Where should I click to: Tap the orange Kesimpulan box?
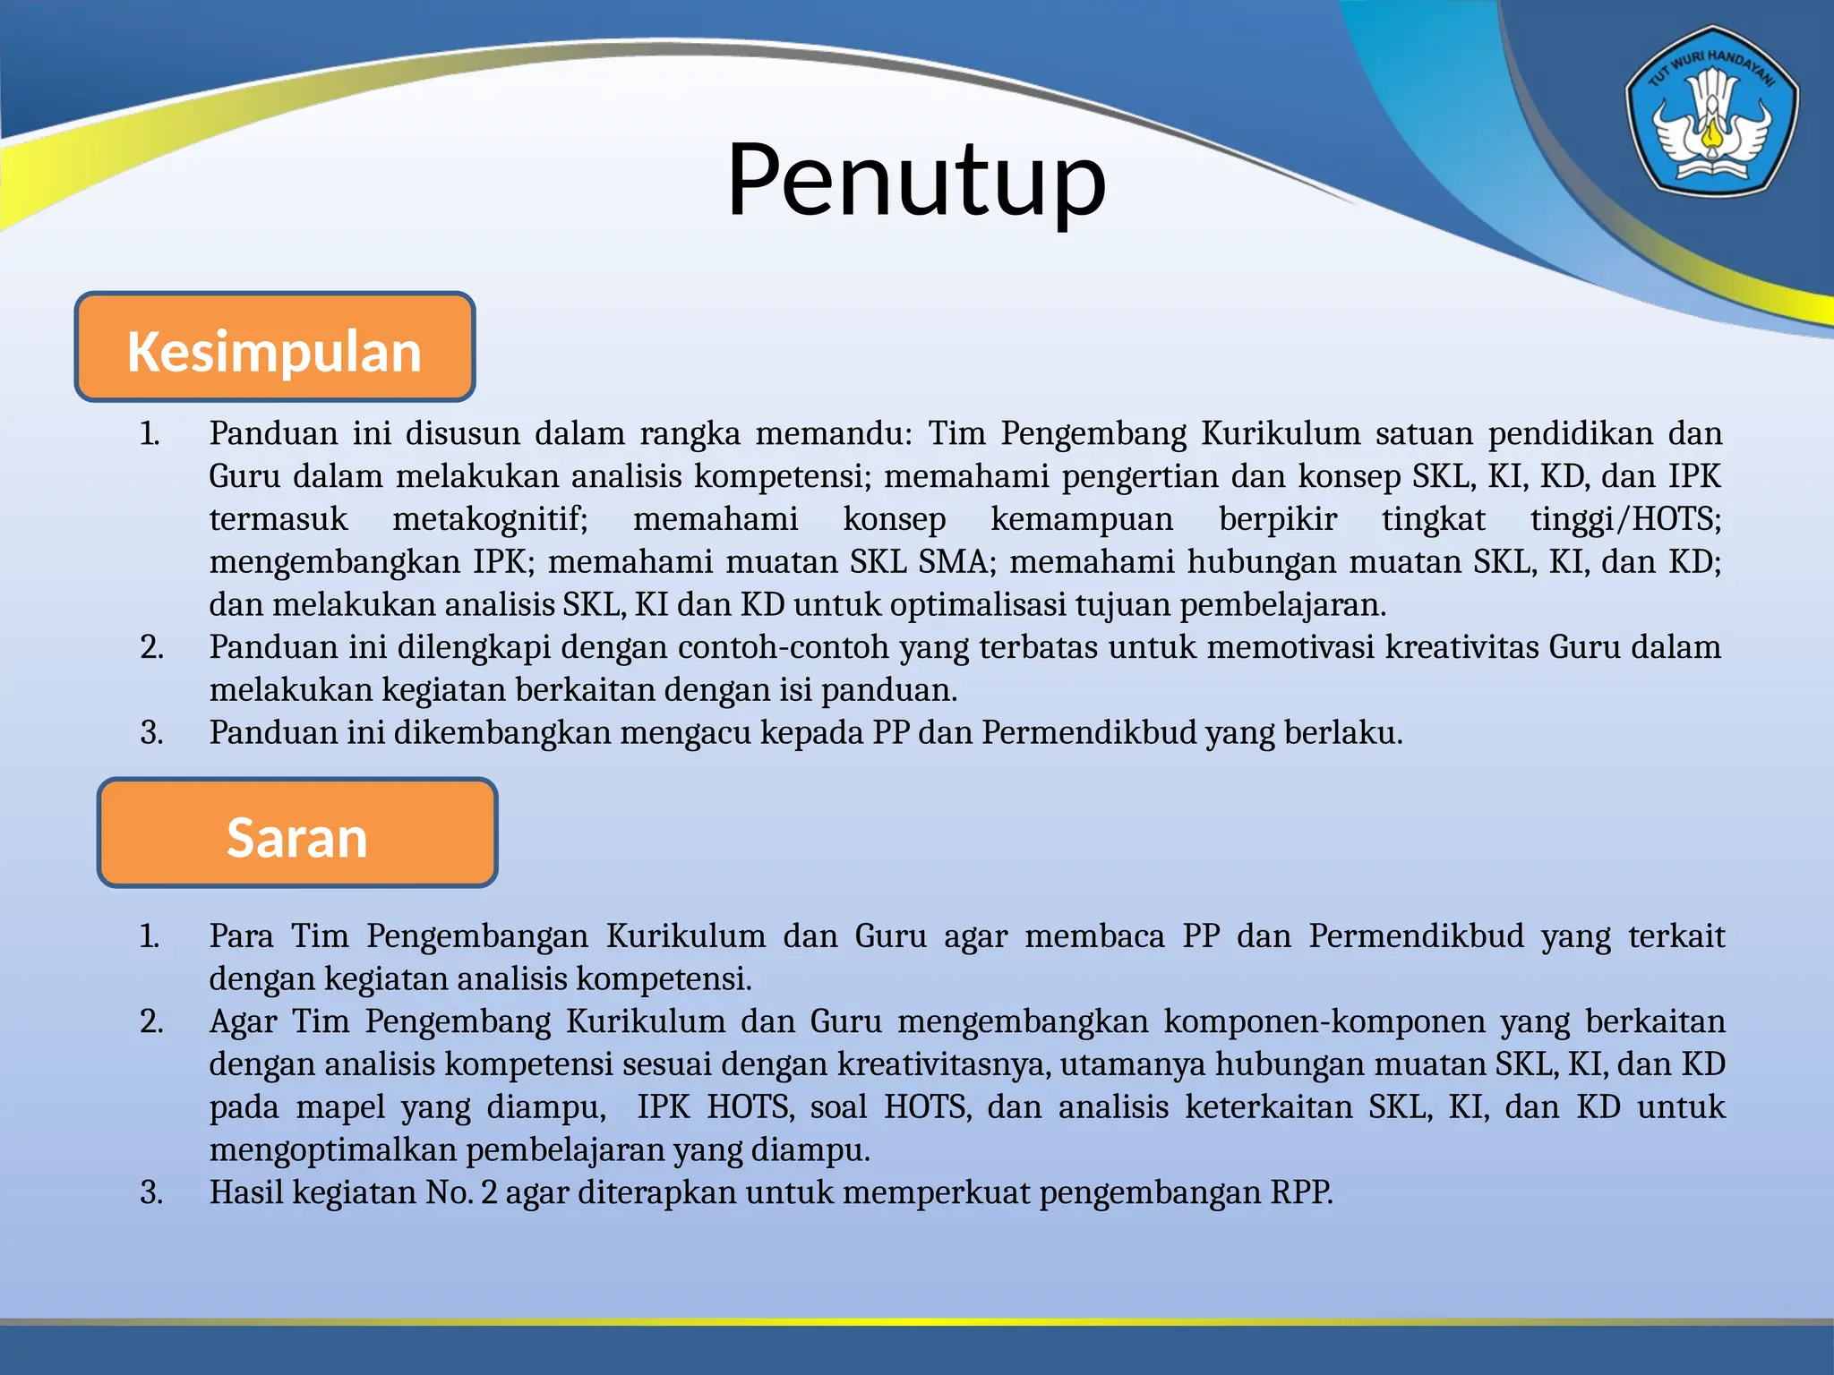(274, 347)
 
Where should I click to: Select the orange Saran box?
(296, 833)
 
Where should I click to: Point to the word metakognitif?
(490, 519)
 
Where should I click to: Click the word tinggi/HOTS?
(1625, 519)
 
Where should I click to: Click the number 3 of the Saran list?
(151, 1193)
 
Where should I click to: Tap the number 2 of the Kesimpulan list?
(151, 647)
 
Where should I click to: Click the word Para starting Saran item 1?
(241, 936)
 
